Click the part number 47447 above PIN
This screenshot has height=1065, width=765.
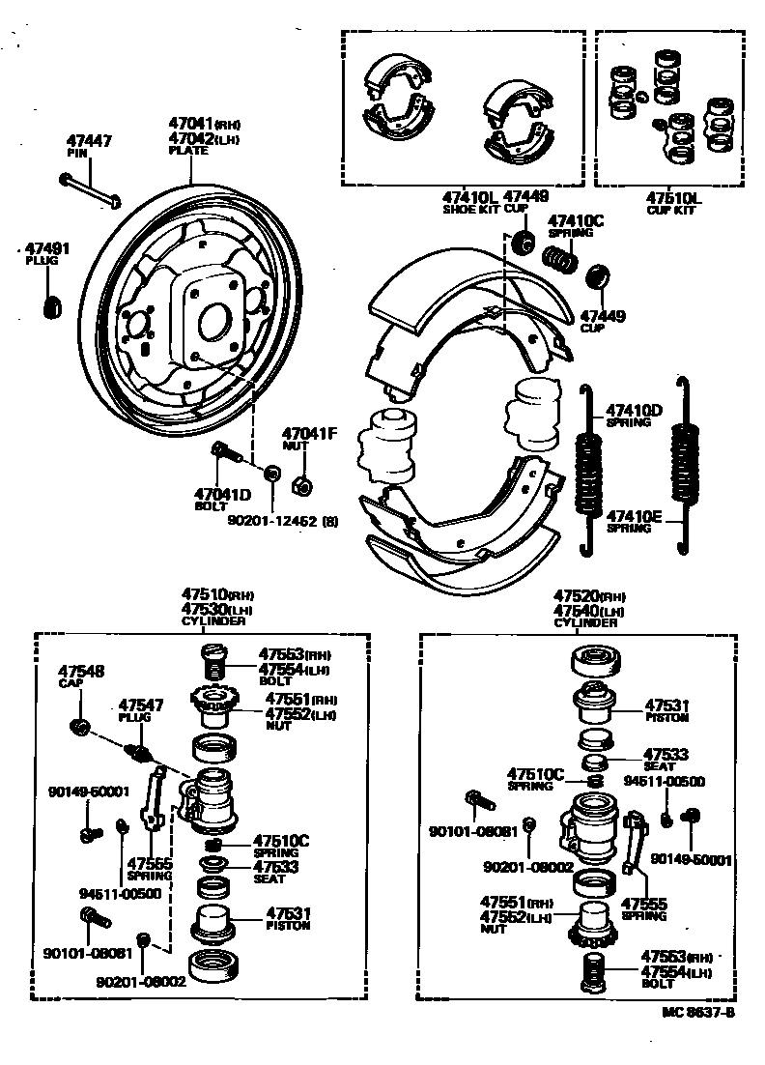tap(89, 141)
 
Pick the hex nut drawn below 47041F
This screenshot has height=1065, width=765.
tap(300, 476)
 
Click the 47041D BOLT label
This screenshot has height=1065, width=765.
tap(221, 498)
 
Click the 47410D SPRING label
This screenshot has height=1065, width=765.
tap(633, 415)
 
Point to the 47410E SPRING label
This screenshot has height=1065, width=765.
tap(633, 521)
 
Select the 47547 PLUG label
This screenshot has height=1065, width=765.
tap(141, 710)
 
